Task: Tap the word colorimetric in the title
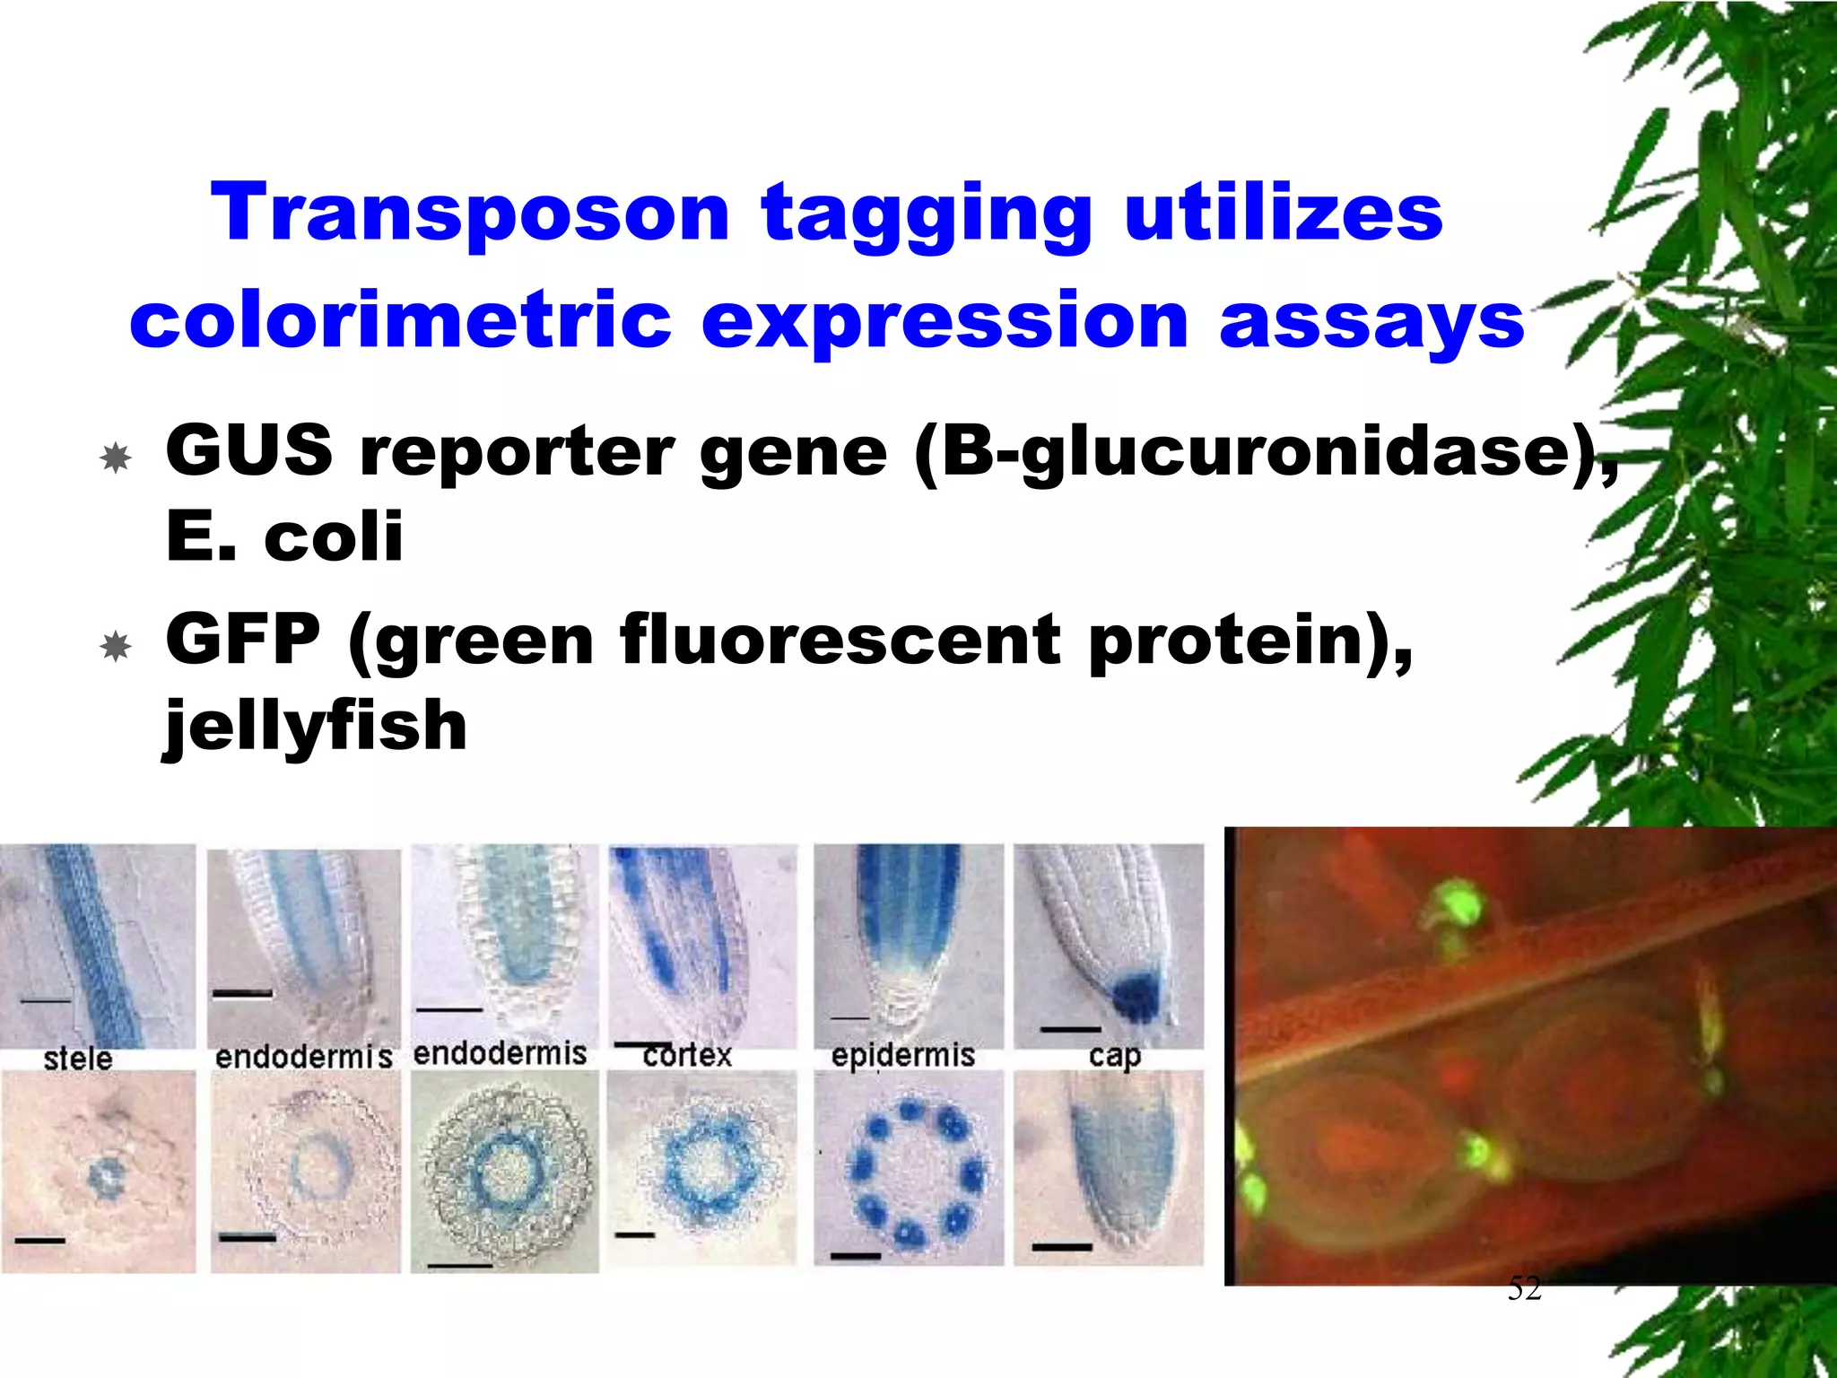tap(400, 320)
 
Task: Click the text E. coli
tap(284, 536)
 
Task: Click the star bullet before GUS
tap(116, 458)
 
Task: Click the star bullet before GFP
tap(116, 646)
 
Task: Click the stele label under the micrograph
tap(78, 1059)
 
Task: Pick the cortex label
tap(687, 1055)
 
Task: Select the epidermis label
tap(902, 1055)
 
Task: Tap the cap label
tap(1114, 1056)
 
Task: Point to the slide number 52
tap(1524, 1288)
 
